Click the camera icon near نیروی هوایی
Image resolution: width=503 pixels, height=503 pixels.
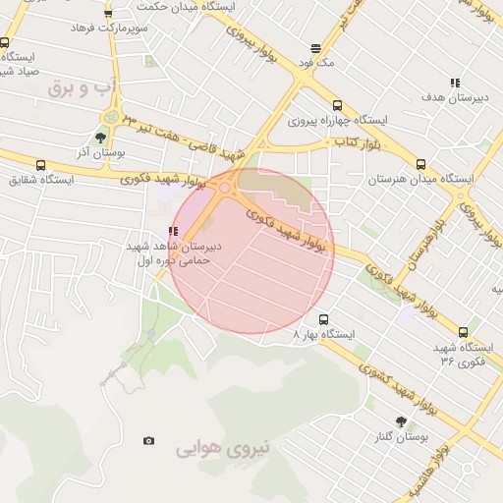(x=148, y=441)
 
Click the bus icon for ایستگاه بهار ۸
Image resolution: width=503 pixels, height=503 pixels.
(x=323, y=319)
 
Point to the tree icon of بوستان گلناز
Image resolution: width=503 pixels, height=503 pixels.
(x=400, y=420)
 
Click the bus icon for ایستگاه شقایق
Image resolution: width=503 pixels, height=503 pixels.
(x=40, y=165)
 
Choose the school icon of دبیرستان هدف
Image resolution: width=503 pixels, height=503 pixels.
(x=454, y=84)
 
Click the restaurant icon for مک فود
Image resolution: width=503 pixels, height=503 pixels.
(x=315, y=47)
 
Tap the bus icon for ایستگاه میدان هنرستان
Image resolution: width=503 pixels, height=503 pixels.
(x=420, y=165)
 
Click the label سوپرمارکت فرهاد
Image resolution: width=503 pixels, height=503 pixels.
(x=108, y=28)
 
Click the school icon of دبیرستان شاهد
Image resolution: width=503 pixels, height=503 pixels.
(x=173, y=232)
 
